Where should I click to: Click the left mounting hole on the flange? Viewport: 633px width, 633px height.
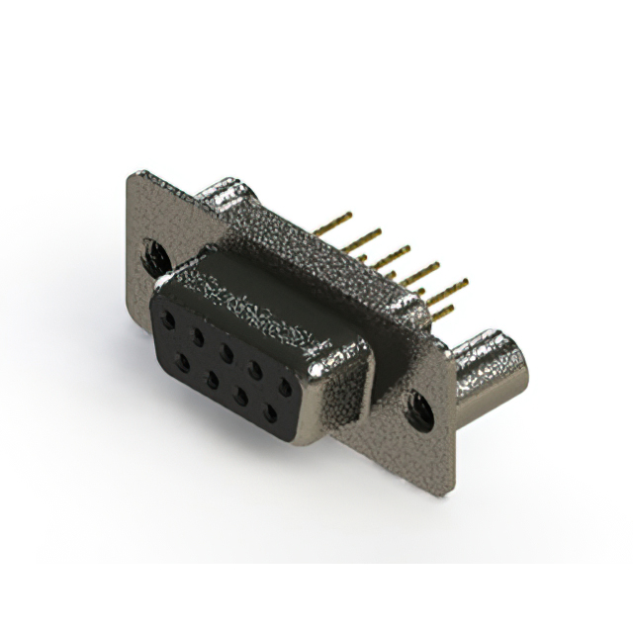[x=154, y=257]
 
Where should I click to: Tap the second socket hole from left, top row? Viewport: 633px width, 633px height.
[x=198, y=336]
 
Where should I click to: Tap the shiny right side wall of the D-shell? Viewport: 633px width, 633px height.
[x=348, y=391]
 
